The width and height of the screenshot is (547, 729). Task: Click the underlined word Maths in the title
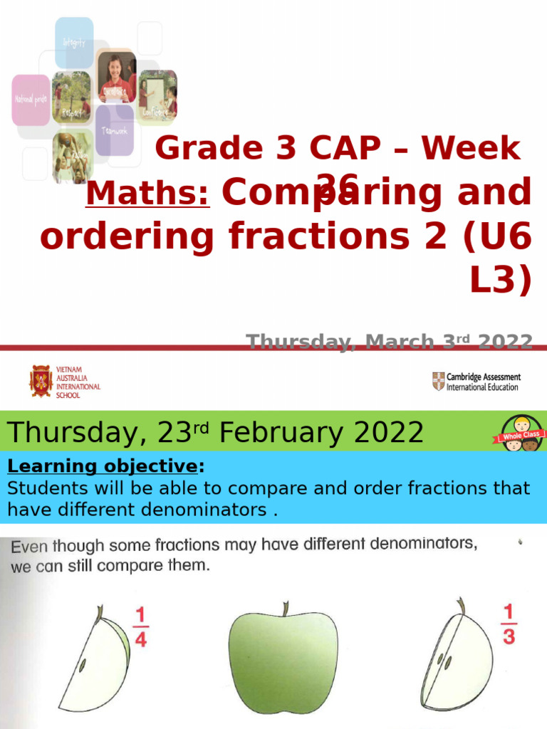tap(147, 193)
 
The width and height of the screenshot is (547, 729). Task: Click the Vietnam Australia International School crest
tap(41, 380)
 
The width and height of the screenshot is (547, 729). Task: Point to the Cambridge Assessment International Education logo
tap(475, 382)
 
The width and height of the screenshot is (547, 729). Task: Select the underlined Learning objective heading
tap(103, 467)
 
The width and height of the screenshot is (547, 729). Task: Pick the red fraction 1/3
tap(508, 625)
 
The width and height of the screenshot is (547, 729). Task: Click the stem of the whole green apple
tap(284, 609)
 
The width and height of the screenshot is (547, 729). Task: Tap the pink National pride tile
tap(31, 100)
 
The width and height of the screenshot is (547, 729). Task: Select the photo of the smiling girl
tap(116, 77)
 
